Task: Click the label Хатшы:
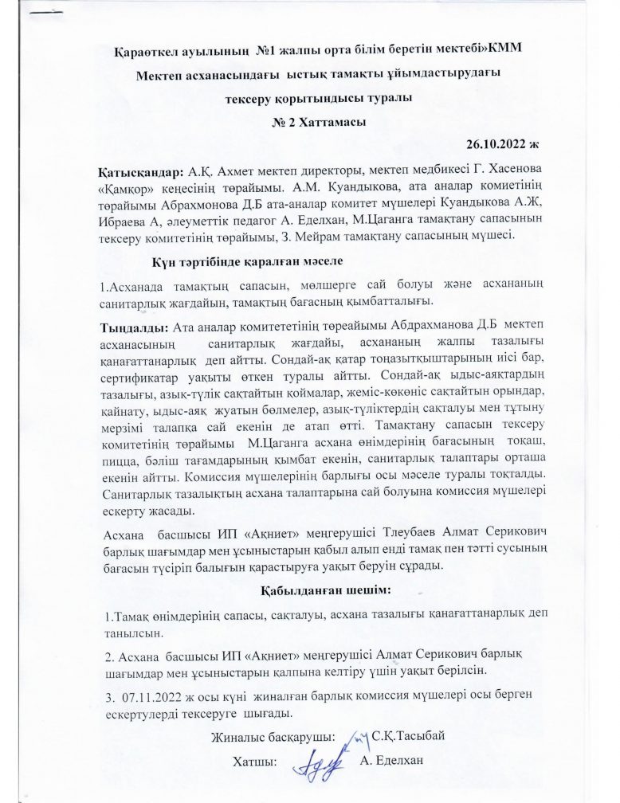tap(253, 762)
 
